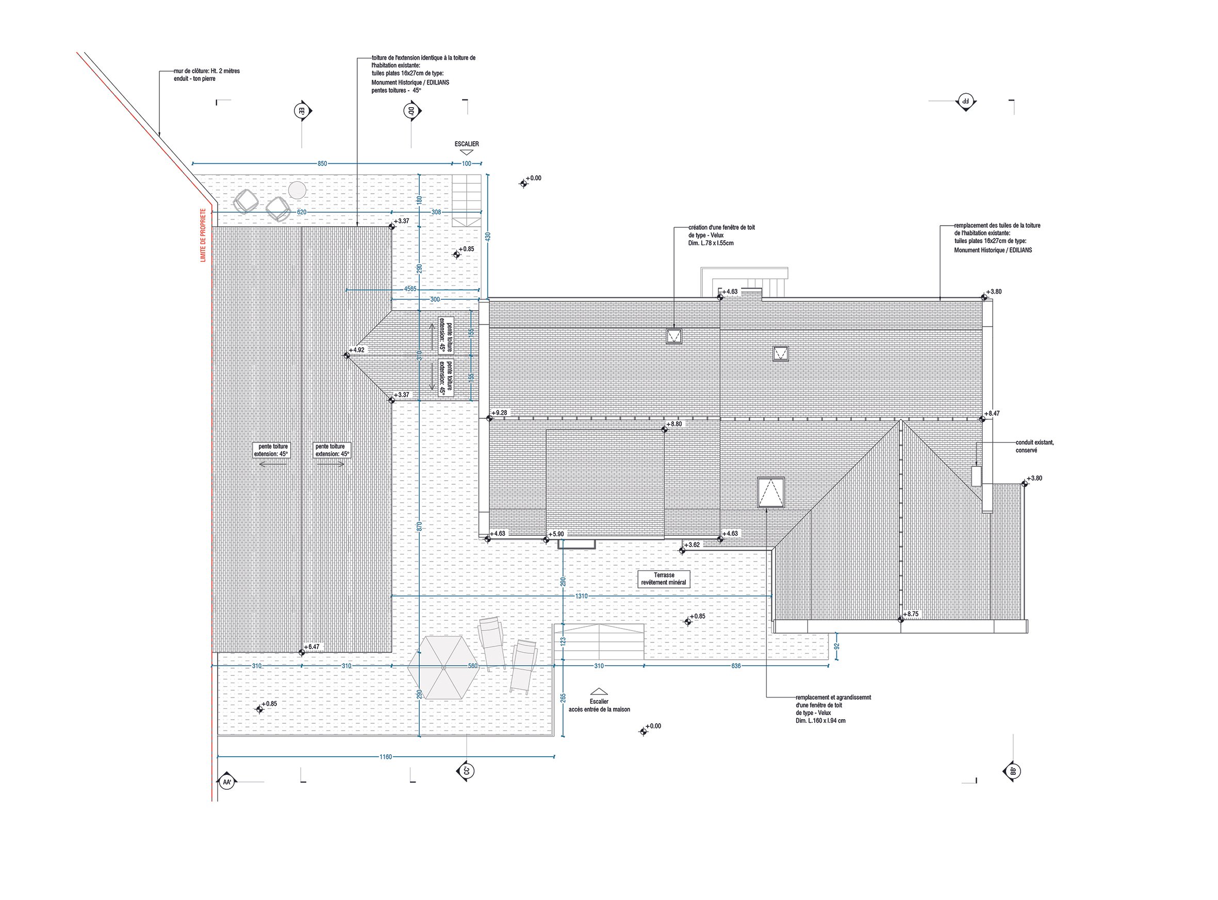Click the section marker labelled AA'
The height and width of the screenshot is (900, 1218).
coord(226,783)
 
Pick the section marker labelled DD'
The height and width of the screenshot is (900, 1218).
coord(410,112)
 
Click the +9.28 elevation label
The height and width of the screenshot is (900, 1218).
coord(499,413)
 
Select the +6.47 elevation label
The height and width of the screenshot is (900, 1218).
coord(312,647)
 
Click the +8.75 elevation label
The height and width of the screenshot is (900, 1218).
coord(911,614)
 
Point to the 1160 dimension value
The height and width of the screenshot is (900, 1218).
coord(386,757)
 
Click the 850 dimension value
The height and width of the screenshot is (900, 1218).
coord(322,164)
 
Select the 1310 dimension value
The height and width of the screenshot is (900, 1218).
coord(581,597)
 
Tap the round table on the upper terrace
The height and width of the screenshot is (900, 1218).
coord(297,190)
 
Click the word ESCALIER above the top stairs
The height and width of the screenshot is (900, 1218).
coord(467,144)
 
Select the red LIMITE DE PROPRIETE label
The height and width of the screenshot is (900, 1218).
coord(203,235)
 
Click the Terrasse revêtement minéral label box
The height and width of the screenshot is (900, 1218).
coord(664,579)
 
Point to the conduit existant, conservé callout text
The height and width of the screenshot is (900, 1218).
coord(1034,446)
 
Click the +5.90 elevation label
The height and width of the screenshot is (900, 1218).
coord(556,534)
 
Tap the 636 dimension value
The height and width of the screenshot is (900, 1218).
coord(735,666)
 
